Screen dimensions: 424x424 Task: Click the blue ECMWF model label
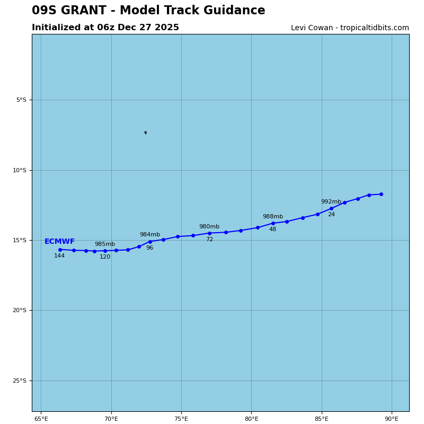59,242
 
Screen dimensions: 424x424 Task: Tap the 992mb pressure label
331,202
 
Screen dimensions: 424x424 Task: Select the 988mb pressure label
273,217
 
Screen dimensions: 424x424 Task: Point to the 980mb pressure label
209,227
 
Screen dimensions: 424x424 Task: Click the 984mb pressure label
150,235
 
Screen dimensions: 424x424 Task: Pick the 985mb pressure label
105,244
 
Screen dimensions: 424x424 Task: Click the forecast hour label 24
331,215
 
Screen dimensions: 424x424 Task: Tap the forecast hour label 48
272,229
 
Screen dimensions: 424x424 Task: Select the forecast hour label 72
209,240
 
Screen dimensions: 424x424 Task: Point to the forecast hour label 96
149,248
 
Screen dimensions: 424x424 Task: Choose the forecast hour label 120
105,257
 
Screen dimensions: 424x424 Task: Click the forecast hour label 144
59,256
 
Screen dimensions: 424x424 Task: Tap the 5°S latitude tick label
21,100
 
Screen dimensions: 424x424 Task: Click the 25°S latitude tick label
20,381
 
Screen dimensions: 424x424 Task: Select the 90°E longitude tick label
392,419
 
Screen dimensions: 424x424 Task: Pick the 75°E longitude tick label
181,419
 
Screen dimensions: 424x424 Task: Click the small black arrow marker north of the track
145,132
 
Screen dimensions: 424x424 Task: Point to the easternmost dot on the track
381,194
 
